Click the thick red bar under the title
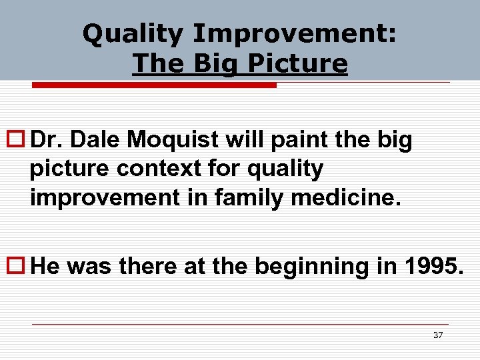[154, 85]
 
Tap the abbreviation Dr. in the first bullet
[47, 140]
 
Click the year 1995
[432, 267]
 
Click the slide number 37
[437, 335]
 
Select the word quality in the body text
[283, 169]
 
